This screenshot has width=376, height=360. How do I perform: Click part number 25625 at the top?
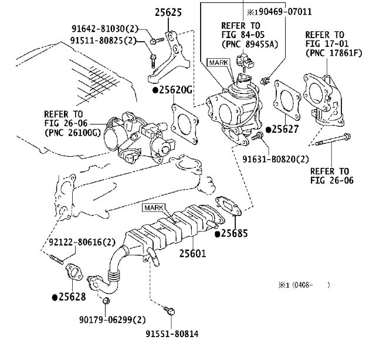[x=168, y=12]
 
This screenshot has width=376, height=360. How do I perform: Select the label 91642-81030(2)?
[x=105, y=29]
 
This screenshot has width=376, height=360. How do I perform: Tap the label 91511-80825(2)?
[x=103, y=41]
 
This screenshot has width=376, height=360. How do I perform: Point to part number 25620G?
[x=172, y=90]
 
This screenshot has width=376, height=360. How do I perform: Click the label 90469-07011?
[x=285, y=12]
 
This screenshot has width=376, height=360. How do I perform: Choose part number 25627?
[x=283, y=129]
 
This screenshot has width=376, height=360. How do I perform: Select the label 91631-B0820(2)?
[x=276, y=159]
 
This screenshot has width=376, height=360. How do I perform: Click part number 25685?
[x=231, y=233]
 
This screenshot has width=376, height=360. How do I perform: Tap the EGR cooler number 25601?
[x=192, y=254]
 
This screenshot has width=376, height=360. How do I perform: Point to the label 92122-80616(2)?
[x=82, y=242]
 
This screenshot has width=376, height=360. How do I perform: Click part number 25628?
[x=69, y=297]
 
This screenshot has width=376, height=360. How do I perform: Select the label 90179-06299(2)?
[x=113, y=319]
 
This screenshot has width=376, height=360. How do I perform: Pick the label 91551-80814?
[x=172, y=334]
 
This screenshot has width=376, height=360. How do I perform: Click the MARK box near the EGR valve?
[x=218, y=63]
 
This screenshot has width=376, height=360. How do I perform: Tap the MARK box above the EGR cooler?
[x=154, y=207]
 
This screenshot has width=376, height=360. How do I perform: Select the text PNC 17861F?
[x=336, y=53]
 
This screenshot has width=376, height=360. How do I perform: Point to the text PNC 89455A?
[x=251, y=44]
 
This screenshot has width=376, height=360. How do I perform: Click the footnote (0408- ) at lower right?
[x=311, y=285]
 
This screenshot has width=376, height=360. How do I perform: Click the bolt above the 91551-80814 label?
[x=170, y=311]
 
